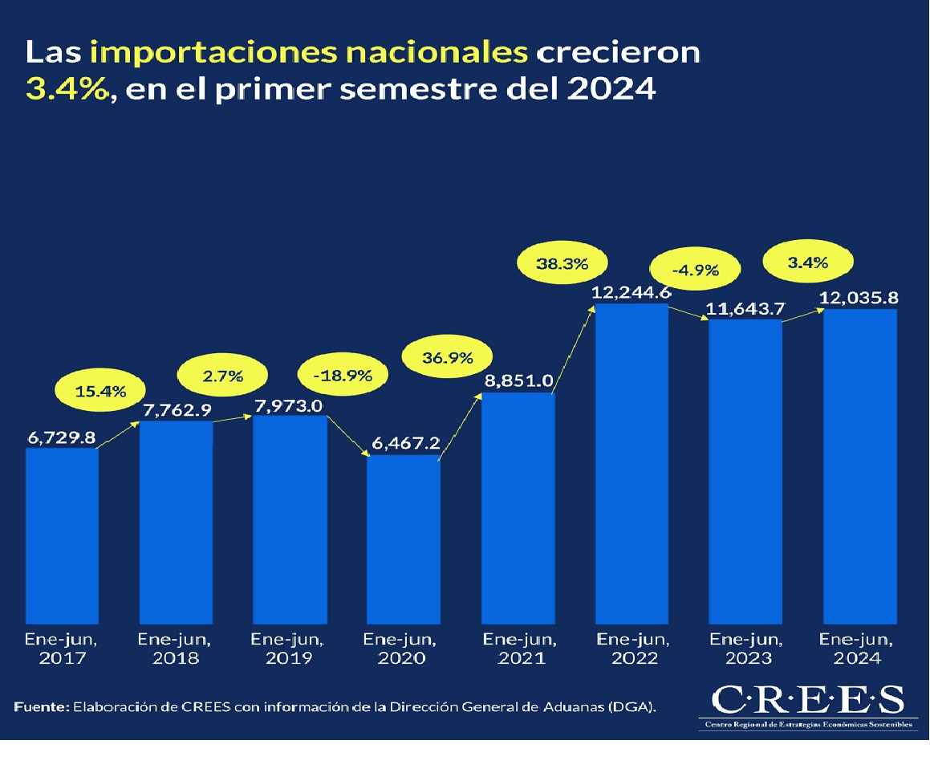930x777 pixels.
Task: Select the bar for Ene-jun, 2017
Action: pos(62,534)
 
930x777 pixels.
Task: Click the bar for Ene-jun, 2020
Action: pos(404,538)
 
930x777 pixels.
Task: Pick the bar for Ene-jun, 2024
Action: pos(860,466)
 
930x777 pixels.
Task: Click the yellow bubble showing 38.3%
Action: pos(562,262)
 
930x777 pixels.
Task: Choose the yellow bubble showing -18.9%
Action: pos(343,375)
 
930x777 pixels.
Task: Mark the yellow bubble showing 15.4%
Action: pos(101,392)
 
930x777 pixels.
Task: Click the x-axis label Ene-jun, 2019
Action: pos(289,649)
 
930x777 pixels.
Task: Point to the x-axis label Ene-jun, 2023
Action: pos(746,649)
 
